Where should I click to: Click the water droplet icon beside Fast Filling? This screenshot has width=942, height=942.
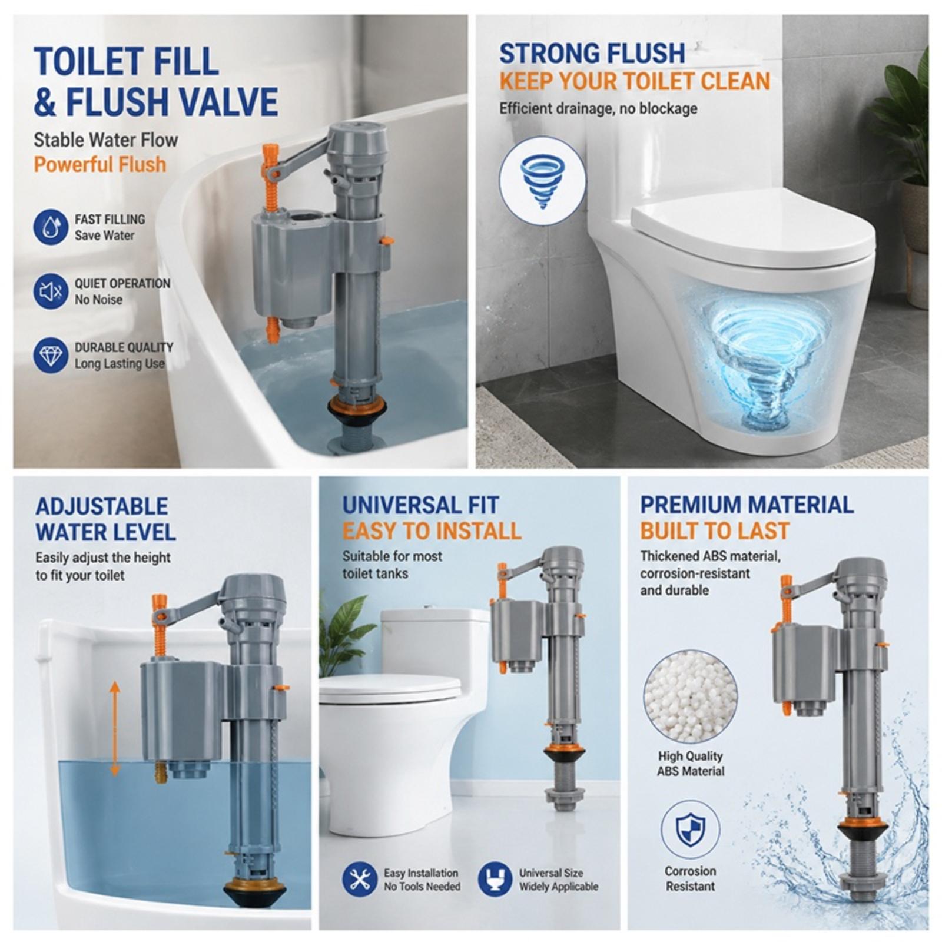51,227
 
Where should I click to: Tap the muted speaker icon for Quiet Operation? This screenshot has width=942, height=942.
51,291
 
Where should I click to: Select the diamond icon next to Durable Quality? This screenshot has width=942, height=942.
51,355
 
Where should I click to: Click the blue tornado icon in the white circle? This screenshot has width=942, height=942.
542,181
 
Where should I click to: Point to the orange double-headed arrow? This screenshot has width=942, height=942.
115,728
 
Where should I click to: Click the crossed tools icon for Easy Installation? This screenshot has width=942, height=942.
360,880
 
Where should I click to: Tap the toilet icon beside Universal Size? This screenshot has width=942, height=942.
495,880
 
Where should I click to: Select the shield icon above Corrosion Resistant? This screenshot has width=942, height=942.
690,830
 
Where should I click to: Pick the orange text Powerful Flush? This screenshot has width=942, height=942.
99,164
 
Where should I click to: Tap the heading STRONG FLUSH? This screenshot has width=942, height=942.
592,54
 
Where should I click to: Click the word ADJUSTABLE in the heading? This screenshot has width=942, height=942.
101,506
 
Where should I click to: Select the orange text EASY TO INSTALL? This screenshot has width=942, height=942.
432,531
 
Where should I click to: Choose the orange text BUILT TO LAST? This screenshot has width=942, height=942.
714,531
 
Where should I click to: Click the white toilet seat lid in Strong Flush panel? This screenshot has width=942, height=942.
754,227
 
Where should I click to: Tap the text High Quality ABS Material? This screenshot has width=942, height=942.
691,764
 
